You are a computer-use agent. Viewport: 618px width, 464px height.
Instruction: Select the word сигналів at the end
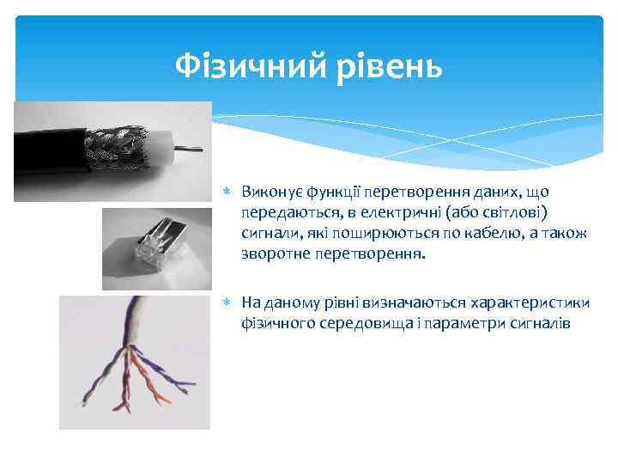(540, 324)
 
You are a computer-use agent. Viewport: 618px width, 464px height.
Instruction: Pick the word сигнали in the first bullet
(270, 234)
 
